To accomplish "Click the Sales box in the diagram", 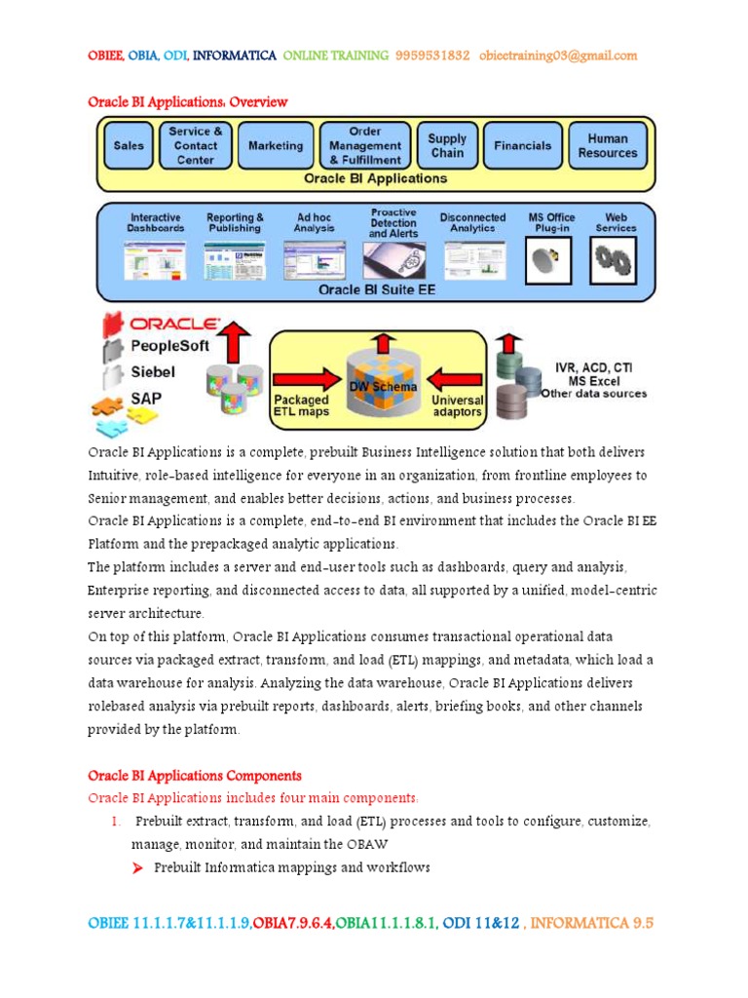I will (129, 146).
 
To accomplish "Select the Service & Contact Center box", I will (196, 146).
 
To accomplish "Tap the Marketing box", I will (276, 146).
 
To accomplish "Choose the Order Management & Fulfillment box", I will (364, 145).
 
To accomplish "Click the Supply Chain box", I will (447, 146).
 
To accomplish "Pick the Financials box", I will (522, 146).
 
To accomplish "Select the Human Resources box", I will (607, 146).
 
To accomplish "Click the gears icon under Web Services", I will (615, 260).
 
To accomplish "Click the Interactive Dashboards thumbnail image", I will (154, 260).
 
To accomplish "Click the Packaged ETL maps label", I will (302, 405).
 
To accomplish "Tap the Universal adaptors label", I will (457, 405).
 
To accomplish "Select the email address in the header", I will (558, 56).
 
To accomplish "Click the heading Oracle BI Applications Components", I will (195, 776).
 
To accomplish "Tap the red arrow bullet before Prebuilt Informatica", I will (137, 868).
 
